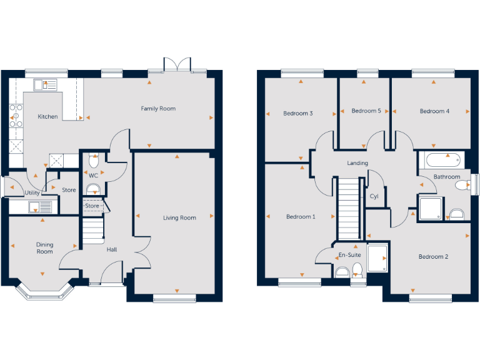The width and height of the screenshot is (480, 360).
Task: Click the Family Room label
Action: click(x=158, y=109)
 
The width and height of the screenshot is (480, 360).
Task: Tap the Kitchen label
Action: click(x=47, y=117)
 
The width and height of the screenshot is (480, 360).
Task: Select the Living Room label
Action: click(x=179, y=218)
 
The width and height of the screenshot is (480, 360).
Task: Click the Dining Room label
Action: click(x=44, y=248)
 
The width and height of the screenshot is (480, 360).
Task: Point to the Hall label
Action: click(x=111, y=250)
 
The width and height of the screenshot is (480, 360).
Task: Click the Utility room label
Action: click(x=32, y=193)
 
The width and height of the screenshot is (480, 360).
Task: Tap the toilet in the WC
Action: click(x=94, y=160)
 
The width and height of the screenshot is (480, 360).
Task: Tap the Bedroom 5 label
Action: click(x=366, y=111)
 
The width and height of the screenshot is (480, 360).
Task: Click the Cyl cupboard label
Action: click(x=374, y=196)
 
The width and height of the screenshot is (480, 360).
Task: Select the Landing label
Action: click(x=357, y=163)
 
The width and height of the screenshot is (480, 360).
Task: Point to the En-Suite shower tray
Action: click(x=377, y=259)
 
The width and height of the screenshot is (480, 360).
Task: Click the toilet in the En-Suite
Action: click(x=357, y=269)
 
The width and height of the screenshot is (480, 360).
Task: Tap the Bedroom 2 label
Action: click(x=433, y=257)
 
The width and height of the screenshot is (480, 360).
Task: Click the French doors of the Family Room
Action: click(x=176, y=65)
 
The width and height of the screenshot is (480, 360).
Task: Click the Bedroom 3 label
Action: click(x=297, y=114)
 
